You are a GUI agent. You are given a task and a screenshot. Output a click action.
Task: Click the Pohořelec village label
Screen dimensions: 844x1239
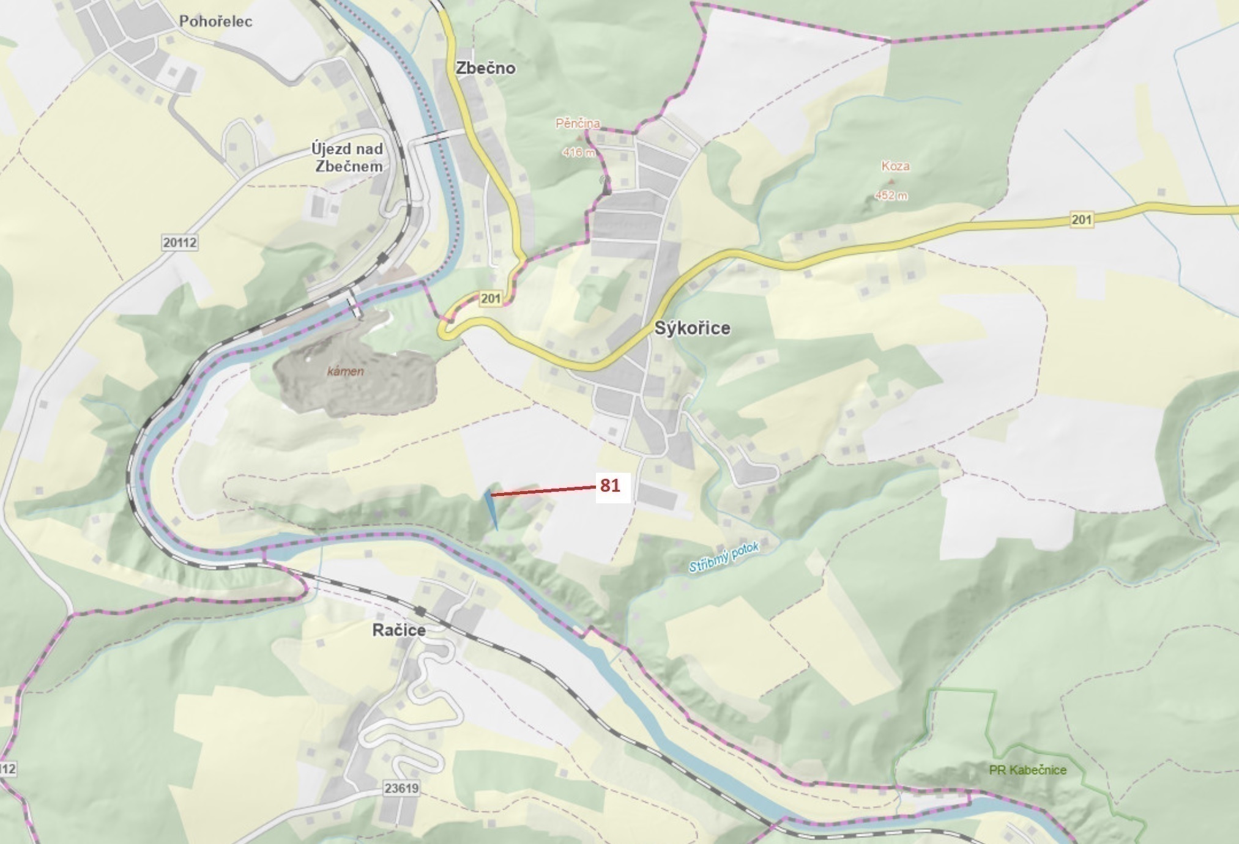[x=215, y=21]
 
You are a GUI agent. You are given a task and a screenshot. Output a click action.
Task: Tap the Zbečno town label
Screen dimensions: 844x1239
[x=485, y=68]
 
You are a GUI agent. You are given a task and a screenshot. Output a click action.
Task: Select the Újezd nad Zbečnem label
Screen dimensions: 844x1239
[x=347, y=157]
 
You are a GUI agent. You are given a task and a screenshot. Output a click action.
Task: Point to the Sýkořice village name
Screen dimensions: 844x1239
[x=692, y=328]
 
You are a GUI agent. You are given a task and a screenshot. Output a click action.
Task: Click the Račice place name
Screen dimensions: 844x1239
[x=399, y=630]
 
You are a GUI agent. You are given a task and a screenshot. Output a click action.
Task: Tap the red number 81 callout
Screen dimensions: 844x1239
[x=610, y=486]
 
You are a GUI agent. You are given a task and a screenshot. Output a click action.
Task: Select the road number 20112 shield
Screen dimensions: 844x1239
[x=180, y=242]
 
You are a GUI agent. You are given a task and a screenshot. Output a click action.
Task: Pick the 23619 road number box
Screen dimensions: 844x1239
[x=401, y=788]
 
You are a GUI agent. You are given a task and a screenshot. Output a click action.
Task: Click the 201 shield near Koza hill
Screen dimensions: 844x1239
[x=1081, y=219]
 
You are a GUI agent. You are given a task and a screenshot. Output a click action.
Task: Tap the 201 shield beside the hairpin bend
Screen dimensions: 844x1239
[x=490, y=298]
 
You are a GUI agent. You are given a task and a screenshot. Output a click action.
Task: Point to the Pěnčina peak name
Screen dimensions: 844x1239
[x=577, y=124]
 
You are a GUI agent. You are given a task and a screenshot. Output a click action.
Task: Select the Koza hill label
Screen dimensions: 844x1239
[x=895, y=166]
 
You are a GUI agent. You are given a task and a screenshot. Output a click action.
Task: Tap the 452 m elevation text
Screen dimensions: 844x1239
[x=891, y=196]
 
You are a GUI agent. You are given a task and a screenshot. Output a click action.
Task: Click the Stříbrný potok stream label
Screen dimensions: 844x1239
[x=723, y=557]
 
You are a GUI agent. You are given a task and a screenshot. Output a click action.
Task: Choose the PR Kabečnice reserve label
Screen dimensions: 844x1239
[x=1027, y=770]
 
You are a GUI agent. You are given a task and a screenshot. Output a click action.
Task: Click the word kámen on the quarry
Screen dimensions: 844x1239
[x=345, y=371]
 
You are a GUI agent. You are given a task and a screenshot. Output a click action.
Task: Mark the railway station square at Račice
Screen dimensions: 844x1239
[x=420, y=611]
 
